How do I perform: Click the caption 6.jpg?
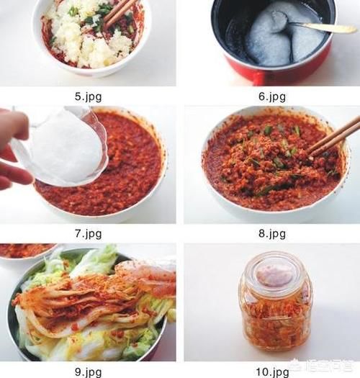pos(271,94)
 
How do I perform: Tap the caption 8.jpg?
pos(271,233)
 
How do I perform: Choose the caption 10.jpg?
pos(271,372)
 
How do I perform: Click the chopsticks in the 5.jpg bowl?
pos(121,12)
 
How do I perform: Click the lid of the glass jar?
pos(276,273)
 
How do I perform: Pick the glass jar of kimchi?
pos(276,306)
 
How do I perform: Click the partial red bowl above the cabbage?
pos(25,249)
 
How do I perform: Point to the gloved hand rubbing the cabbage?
pos(148,277)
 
